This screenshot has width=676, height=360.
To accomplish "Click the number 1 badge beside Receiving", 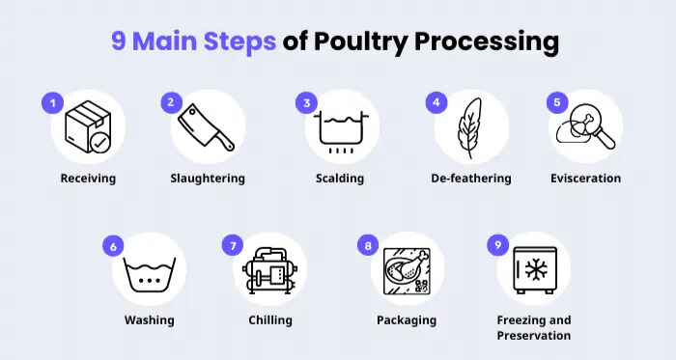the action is [x=52, y=103].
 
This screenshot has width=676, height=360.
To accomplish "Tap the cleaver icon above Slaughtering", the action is [x=206, y=127].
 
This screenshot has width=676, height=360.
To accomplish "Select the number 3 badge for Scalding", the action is [x=306, y=103].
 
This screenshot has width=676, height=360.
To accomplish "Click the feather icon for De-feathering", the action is [x=469, y=127].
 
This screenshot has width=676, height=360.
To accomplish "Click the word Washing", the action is [x=149, y=320].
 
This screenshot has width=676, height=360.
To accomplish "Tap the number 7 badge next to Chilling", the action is [x=233, y=246].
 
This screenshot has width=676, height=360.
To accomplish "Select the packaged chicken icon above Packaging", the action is [x=407, y=271].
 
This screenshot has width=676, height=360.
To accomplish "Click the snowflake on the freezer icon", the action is [x=536, y=270].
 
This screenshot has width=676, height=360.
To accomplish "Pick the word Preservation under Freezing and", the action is [x=534, y=336].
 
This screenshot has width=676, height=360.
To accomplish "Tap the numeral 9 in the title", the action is [x=119, y=42].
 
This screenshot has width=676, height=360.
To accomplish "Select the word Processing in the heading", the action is [x=487, y=42].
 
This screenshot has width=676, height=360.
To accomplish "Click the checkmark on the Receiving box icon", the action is [x=99, y=143].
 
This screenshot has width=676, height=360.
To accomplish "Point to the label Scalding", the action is [x=340, y=179].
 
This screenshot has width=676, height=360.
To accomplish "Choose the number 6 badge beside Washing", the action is [x=113, y=246].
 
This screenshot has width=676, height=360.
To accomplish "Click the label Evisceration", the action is [x=586, y=179].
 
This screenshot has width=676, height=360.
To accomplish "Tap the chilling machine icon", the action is [x=269, y=270].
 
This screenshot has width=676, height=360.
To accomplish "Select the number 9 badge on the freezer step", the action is [x=498, y=245].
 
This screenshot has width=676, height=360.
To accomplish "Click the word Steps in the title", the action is [x=239, y=42].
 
